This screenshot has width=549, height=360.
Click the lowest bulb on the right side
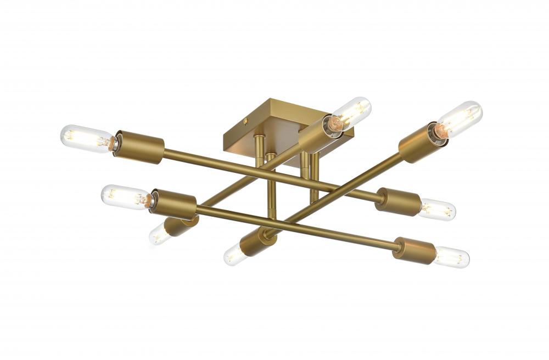click(451, 257)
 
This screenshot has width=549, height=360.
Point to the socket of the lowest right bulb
click(414, 251)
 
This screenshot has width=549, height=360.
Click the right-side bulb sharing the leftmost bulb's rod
click(438, 210)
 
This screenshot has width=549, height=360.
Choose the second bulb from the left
click(124, 196)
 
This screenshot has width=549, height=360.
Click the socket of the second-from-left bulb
click(173, 205)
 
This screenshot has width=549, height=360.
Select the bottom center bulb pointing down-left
click(234, 255)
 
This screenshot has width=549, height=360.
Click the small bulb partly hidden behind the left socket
click(159, 235)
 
